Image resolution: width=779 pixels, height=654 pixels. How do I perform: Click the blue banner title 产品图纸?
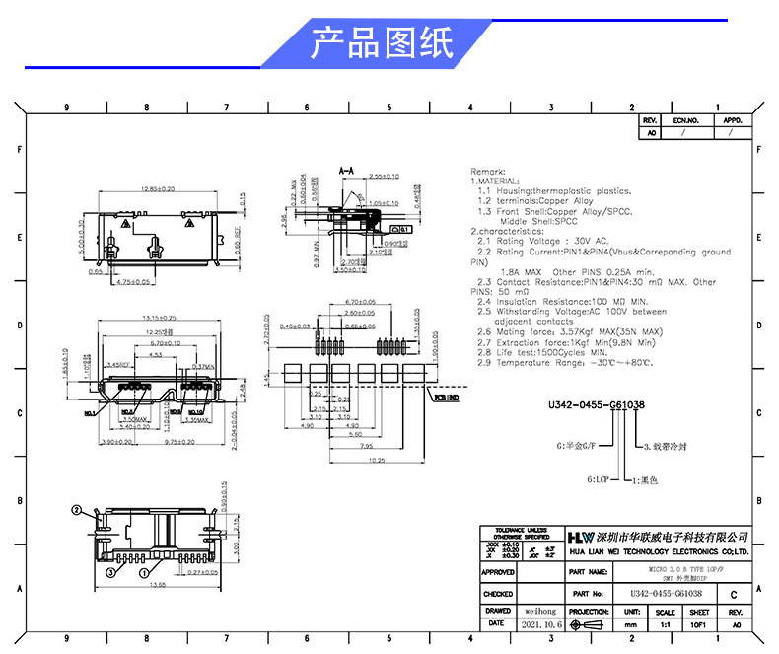click(382, 42)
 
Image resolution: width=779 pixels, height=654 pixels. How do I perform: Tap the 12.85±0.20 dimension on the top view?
click(158, 187)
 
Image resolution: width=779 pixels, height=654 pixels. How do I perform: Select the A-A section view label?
click(346, 170)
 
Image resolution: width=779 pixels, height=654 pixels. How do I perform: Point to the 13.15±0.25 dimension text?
click(158, 318)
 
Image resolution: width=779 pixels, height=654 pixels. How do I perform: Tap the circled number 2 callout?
click(76, 510)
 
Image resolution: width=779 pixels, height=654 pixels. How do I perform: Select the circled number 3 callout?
click(112, 571)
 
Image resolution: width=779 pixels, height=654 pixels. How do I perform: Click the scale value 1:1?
click(665, 625)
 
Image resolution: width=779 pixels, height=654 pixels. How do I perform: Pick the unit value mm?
click(630, 625)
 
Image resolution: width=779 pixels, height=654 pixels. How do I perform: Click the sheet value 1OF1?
click(699, 625)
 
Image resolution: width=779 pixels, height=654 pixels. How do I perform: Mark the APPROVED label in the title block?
click(498, 571)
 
